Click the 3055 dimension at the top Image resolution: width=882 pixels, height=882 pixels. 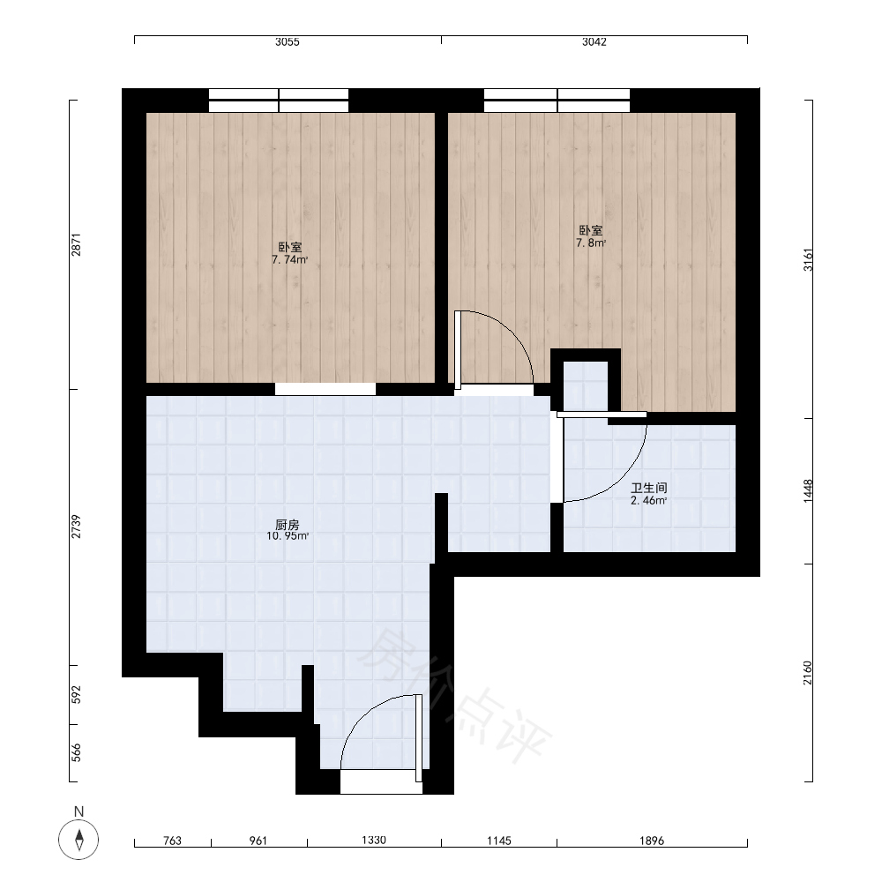287,41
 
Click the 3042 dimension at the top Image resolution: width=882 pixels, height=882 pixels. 594,41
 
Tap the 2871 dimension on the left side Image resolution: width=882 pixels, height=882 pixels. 77,244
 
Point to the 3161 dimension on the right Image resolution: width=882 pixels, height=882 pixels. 808,259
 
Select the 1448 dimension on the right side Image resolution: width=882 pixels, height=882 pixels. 808,491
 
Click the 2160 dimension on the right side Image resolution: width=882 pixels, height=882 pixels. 808,673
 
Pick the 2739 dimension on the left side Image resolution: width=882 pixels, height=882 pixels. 77,527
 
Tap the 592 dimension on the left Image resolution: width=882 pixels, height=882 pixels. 77,695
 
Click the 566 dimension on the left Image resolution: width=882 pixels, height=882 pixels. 77,752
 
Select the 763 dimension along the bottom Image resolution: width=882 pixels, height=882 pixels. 172,841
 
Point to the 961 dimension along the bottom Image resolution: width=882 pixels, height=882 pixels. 258,841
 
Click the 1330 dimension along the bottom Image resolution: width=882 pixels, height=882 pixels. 373,840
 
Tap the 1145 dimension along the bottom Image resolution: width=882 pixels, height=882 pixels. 499,841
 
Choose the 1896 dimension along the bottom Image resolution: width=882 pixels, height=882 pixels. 652,841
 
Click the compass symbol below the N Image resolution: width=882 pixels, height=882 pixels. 78,840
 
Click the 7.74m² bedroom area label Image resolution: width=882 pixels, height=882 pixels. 289,260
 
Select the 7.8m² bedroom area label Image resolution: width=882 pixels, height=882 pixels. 591,243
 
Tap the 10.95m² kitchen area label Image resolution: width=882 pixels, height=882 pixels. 288,536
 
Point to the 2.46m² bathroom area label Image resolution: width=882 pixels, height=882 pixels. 648,501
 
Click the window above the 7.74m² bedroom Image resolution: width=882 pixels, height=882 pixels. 279,101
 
